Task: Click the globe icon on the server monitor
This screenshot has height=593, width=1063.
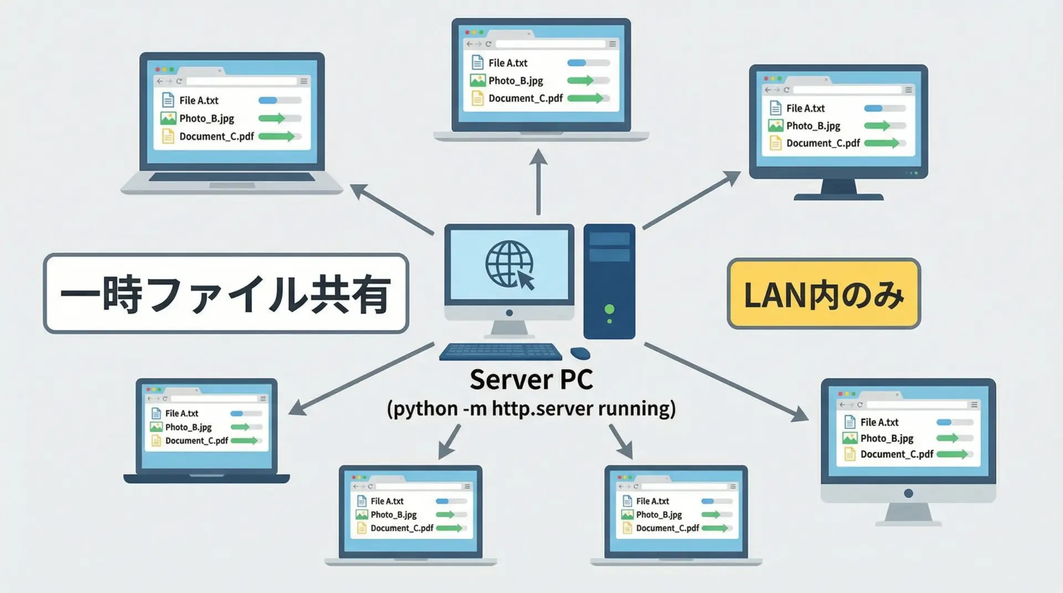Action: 508,264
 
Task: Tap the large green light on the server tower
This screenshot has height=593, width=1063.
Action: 610,309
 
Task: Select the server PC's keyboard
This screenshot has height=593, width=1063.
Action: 500,352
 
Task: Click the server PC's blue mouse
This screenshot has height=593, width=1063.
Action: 580,353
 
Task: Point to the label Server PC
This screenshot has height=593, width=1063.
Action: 531,379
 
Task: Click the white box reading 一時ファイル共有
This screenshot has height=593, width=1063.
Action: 226,294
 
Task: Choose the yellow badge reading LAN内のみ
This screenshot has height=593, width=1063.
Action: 823,294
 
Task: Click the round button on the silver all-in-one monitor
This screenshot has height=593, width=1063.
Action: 908,493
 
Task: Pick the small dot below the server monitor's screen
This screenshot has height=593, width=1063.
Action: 509,313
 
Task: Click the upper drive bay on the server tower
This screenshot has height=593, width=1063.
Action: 609,239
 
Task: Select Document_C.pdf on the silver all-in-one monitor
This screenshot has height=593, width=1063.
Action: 896,454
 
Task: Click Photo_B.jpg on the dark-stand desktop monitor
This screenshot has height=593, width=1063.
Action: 813,126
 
